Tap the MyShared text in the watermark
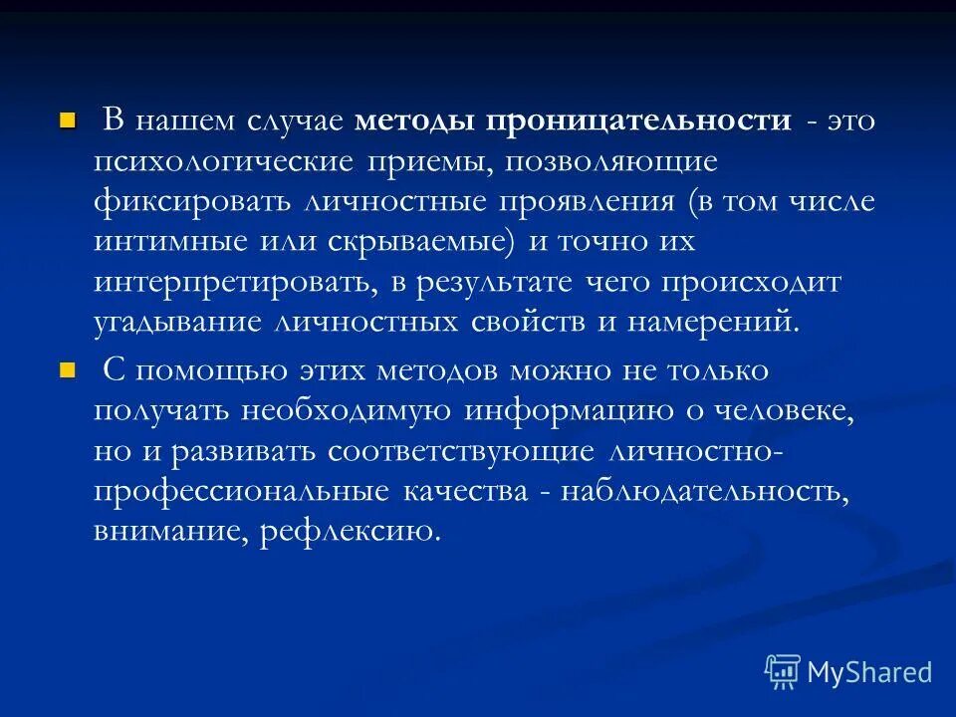tap(869, 671)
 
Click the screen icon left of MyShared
tap(783, 671)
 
